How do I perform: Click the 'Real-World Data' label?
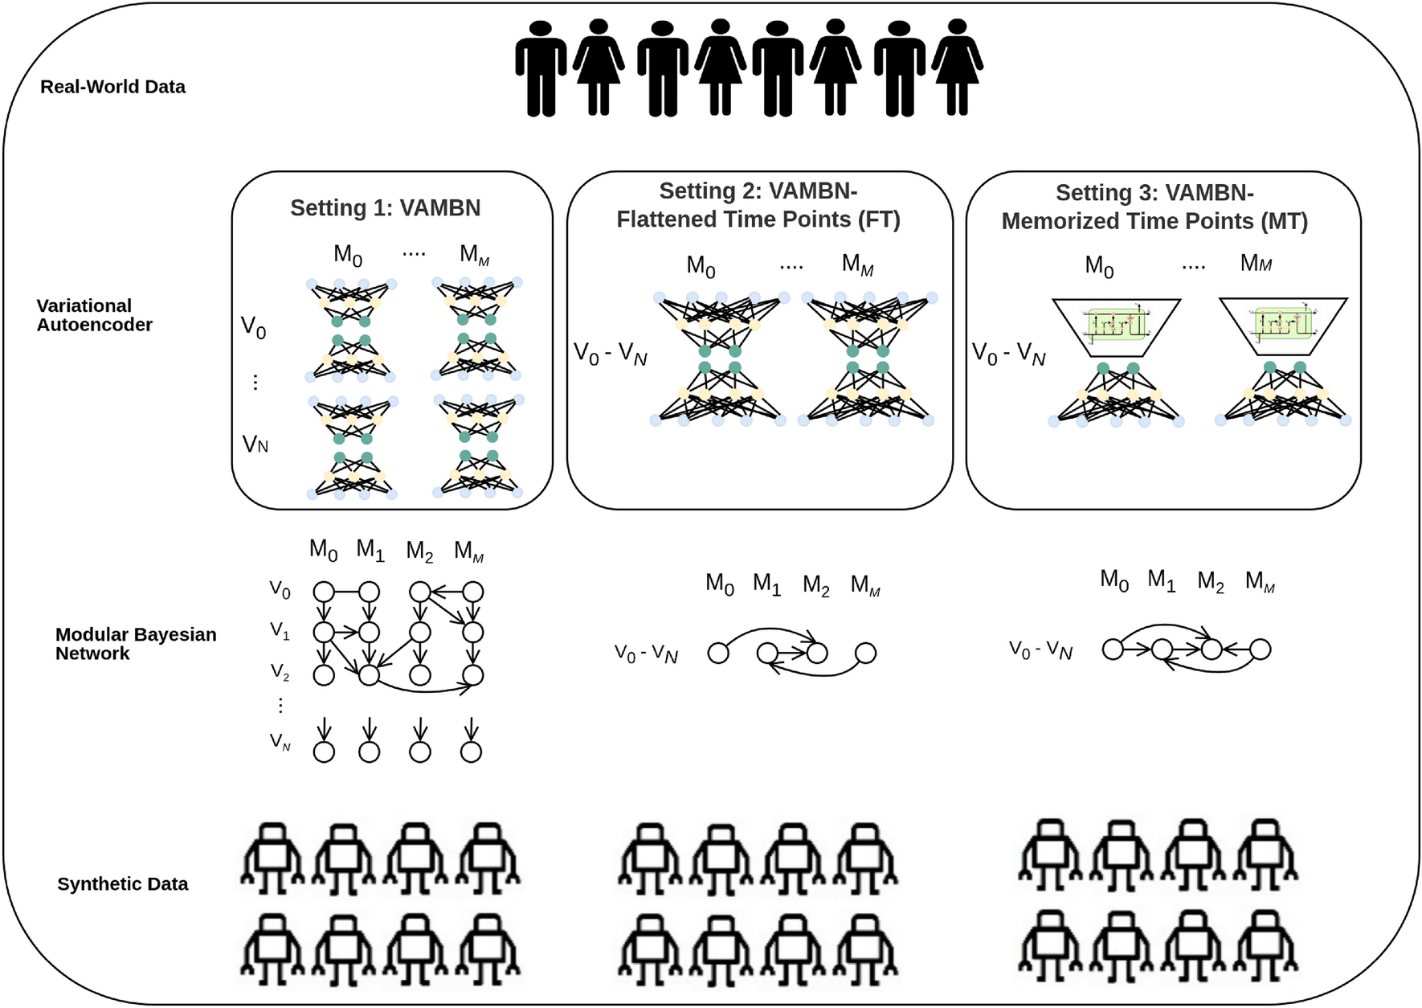click(x=112, y=87)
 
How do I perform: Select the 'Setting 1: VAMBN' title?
click(x=385, y=208)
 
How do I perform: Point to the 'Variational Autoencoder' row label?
click(x=93, y=315)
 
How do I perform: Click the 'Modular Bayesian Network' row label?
click(x=135, y=644)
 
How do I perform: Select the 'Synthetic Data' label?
click(x=122, y=884)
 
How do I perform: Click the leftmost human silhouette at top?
click(x=541, y=69)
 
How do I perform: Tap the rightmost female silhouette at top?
click(x=957, y=68)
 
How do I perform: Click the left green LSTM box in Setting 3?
click(x=1116, y=323)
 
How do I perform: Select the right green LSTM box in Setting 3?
click(x=1283, y=323)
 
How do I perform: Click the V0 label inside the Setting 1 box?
click(x=253, y=327)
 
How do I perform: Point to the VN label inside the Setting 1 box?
click(x=255, y=444)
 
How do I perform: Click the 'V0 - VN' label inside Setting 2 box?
click(x=610, y=354)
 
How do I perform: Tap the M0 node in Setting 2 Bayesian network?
click(x=718, y=653)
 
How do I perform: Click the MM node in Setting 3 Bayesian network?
click(x=1260, y=649)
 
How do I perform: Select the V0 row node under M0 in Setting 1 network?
click(x=324, y=592)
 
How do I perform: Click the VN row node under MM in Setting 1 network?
click(x=471, y=752)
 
